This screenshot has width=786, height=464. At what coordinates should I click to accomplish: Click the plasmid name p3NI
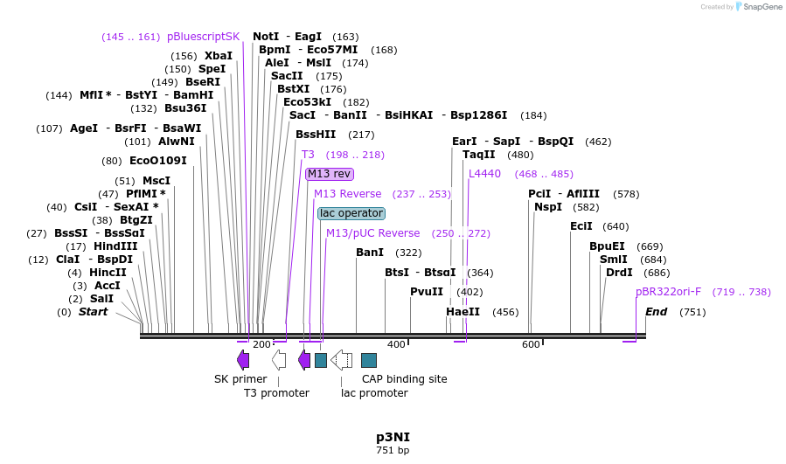click(393, 436)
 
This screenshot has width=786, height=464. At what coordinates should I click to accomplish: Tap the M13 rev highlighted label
click(330, 174)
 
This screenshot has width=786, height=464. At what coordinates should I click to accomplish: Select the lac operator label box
click(351, 213)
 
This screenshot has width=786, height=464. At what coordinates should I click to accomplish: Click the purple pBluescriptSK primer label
click(203, 37)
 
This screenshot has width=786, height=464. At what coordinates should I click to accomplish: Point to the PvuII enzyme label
click(427, 292)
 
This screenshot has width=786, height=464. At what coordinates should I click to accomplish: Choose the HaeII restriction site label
click(463, 312)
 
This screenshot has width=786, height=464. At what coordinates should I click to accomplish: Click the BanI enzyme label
click(370, 253)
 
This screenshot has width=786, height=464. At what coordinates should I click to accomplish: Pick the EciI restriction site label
click(581, 226)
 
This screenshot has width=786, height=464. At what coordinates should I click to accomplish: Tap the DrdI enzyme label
click(619, 273)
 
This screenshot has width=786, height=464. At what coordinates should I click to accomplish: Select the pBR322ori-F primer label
click(668, 292)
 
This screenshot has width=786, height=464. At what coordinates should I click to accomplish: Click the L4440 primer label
click(485, 174)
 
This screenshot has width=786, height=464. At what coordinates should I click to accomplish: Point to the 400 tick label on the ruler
click(396, 345)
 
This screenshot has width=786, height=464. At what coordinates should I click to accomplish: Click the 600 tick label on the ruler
click(531, 345)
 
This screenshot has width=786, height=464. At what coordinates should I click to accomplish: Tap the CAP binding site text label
click(404, 379)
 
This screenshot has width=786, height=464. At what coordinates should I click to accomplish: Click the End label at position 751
click(656, 312)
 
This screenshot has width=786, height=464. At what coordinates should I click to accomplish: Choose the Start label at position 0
click(93, 312)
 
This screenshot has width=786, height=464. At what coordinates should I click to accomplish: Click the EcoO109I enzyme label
click(157, 161)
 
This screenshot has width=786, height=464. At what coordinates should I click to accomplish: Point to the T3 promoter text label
click(276, 393)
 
